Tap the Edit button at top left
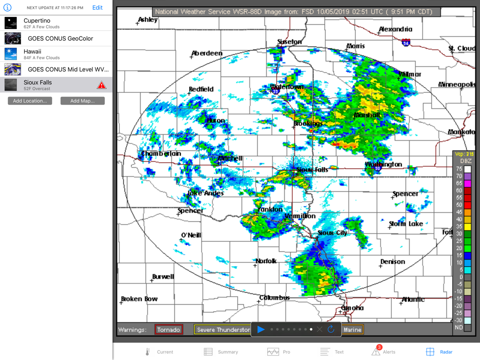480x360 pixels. (x=97, y=7)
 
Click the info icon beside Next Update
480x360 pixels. (x=7, y=7)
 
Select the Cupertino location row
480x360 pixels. (x=56, y=23)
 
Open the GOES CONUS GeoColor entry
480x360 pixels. (x=56, y=38)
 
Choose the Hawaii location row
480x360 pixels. (x=56, y=54)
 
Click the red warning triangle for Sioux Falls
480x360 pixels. (x=101, y=85)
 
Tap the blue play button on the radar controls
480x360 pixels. (x=261, y=330)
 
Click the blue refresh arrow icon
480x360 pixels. (x=331, y=330)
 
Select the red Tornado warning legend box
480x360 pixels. (x=169, y=330)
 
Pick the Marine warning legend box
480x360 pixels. (x=352, y=330)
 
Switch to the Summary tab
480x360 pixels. (x=221, y=352)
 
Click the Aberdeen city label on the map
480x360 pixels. (x=207, y=53)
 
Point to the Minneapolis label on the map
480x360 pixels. (x=457, y=84)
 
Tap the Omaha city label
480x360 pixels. (x=352, y=308)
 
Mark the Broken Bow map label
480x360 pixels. (x=139, y=299)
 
